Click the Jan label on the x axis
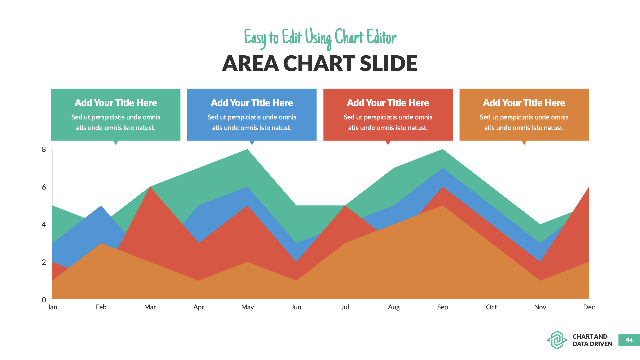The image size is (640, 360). click(x=52, y=307)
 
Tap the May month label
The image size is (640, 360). click(x=247, y=307)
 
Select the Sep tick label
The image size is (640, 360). click(x=442, y=307)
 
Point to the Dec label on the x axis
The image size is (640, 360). click(x=589, y=307)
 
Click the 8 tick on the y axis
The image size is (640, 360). click(x=44, y=149)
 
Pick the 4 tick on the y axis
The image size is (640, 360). click(x=44, y=225)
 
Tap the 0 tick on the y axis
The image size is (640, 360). click(x=44, y=300)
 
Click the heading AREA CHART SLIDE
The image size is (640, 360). click(x=320, y=63)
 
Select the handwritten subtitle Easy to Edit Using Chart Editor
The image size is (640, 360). click(x=320, y=38)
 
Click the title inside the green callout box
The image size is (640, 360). click(x=116, y=103)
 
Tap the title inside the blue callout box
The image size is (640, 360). click(x=252, y=103)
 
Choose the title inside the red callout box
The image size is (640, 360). click(x=388, y=103)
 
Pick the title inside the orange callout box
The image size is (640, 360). click(x=524, y=103)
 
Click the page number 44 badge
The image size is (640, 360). click(x=629, y=340)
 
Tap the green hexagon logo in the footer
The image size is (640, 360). click(x=557, y=340)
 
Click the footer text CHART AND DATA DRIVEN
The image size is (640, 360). click(x=592, y=340)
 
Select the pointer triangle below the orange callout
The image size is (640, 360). click(x=524, y=143)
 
